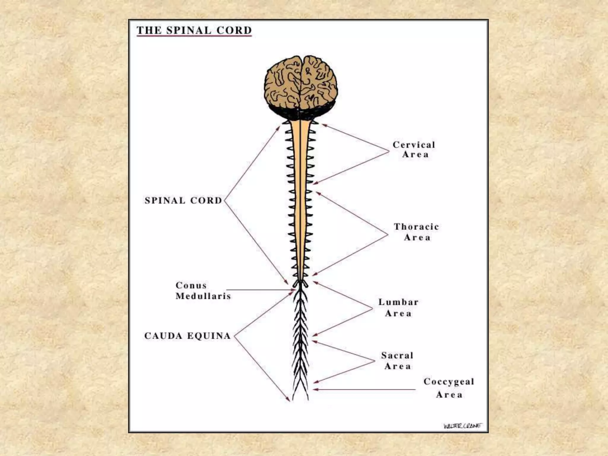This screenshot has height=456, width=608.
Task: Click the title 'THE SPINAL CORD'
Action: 194,30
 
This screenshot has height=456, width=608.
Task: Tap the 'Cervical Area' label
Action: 414,150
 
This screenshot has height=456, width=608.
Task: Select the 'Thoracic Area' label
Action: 417,232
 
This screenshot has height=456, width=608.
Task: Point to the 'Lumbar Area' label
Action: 398,308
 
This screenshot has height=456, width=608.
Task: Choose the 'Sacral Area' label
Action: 397,361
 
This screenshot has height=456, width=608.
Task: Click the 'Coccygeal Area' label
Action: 449,388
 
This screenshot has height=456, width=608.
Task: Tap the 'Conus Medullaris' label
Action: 203,291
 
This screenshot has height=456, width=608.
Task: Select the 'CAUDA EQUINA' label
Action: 187,336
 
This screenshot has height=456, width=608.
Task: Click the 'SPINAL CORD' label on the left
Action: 183,200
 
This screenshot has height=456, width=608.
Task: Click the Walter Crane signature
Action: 463,426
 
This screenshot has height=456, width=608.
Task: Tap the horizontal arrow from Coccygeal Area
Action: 365,389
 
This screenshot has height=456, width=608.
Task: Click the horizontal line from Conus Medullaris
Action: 258,290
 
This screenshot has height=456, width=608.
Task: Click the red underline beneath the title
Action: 194,36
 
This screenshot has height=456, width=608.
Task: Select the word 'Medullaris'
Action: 203,296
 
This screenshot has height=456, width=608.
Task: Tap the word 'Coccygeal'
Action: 449,381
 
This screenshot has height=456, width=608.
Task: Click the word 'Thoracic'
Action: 417,227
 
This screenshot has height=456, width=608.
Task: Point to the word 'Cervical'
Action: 414,145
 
